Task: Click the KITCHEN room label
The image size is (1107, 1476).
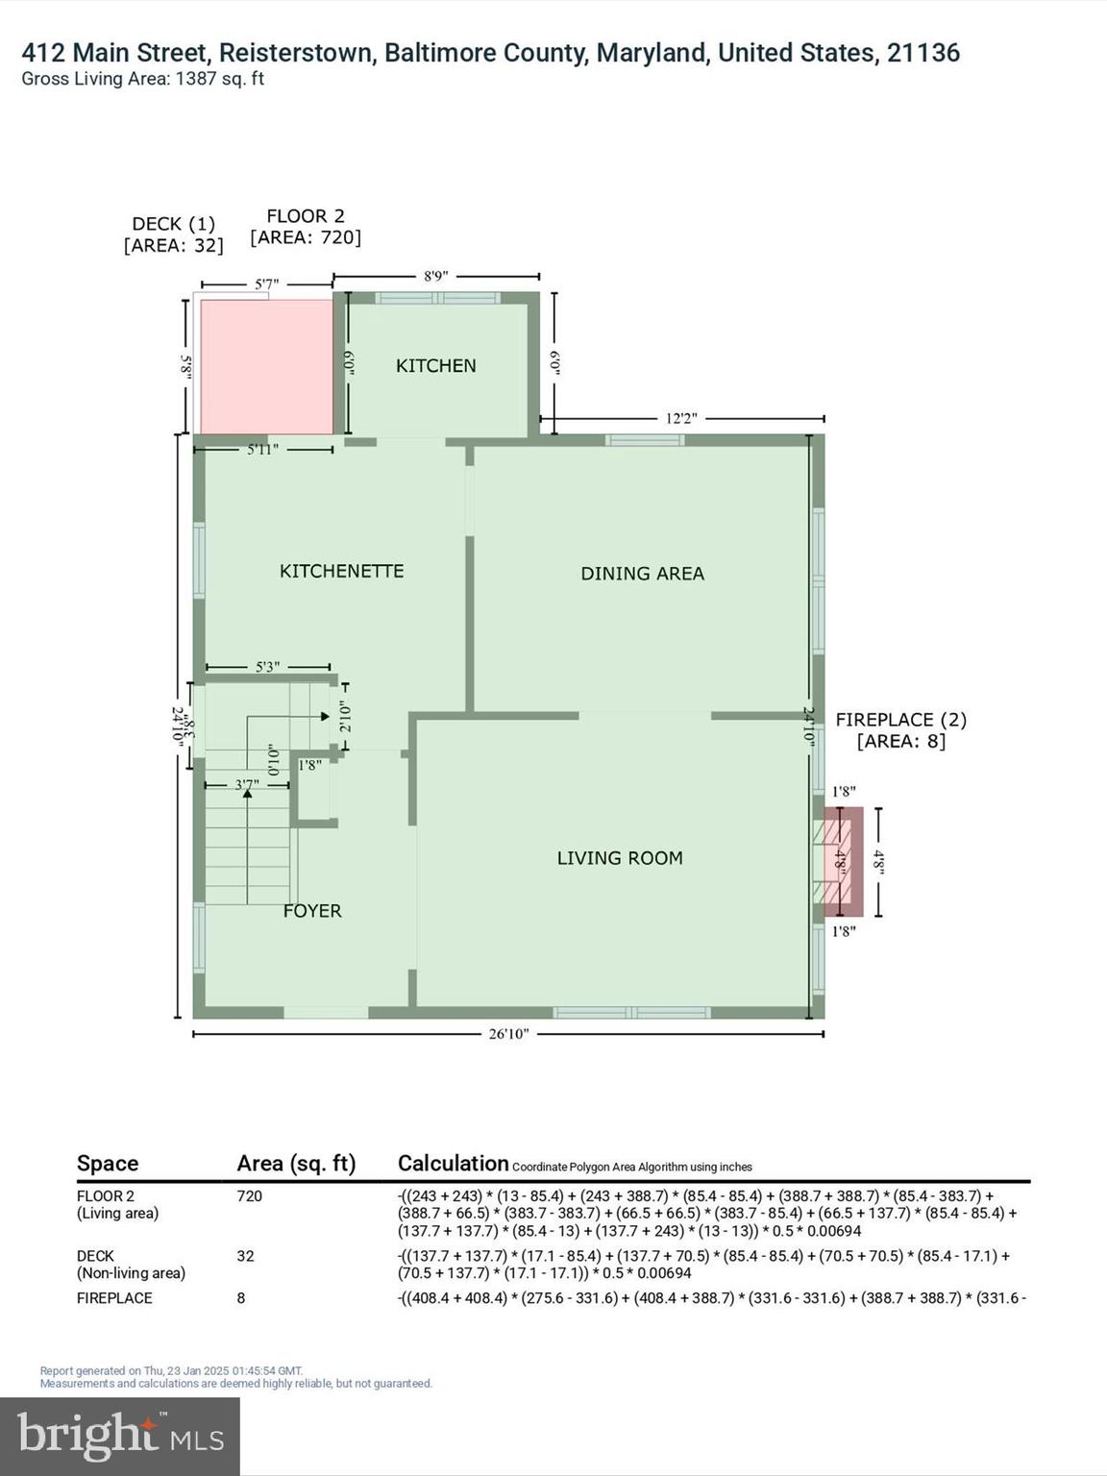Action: pos(435,366)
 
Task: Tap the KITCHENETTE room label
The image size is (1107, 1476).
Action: pos(341,571)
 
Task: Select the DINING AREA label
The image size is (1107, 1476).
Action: pos(642,574)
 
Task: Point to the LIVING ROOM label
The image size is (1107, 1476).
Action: pos(620,858)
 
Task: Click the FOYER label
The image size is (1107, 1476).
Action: pos(312,911)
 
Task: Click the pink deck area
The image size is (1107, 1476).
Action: pos(266,367)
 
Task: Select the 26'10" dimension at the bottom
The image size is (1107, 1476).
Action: pos(508,1034)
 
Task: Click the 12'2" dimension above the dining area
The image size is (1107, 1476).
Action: pos(680,419)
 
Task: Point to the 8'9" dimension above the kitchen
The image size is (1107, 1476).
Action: pos(435,277)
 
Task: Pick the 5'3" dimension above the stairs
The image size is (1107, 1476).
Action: pos(267,667)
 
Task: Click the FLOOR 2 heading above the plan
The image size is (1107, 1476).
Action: pos(306,216)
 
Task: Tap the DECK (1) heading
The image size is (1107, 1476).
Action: pos(173,224)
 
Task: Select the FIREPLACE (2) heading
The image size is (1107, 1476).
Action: pos(900,720)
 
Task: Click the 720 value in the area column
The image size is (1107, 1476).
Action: pos(249,1196)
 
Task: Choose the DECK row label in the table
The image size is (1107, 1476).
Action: pos(95,1256)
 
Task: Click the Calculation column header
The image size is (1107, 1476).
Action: pos(453,1164)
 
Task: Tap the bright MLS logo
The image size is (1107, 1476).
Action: pos(120,1436)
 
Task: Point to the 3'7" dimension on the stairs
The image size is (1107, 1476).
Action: pos(247,785)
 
